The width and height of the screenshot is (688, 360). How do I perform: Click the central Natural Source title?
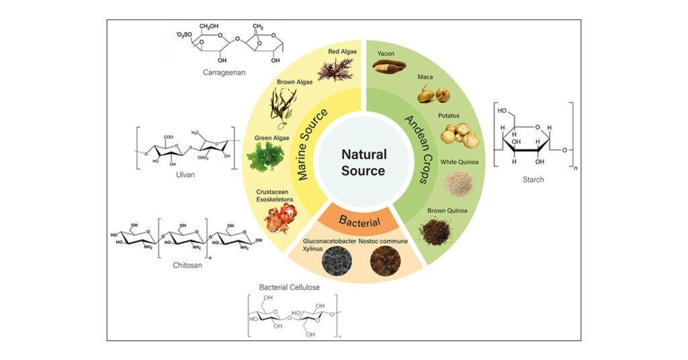pos(363,163)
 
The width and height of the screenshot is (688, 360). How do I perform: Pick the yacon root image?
pos(389,66)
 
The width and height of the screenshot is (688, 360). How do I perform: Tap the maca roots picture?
pos(434,95)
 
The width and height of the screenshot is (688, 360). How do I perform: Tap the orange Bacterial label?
pos(359,220)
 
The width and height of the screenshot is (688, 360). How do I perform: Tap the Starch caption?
pos(534,179)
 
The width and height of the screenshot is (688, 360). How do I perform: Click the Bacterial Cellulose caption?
pos(290,287)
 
